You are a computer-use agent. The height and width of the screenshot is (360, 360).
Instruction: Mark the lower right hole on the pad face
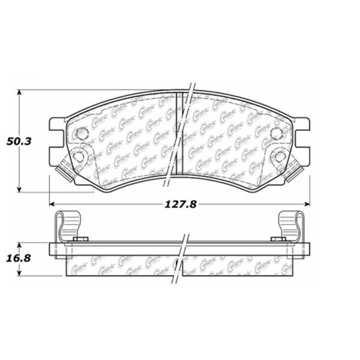click(x=280, y=157)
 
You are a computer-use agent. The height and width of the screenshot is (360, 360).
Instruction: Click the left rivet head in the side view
click(x=80, y=239)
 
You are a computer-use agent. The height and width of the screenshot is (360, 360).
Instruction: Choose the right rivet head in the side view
click(x=279, y=239)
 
